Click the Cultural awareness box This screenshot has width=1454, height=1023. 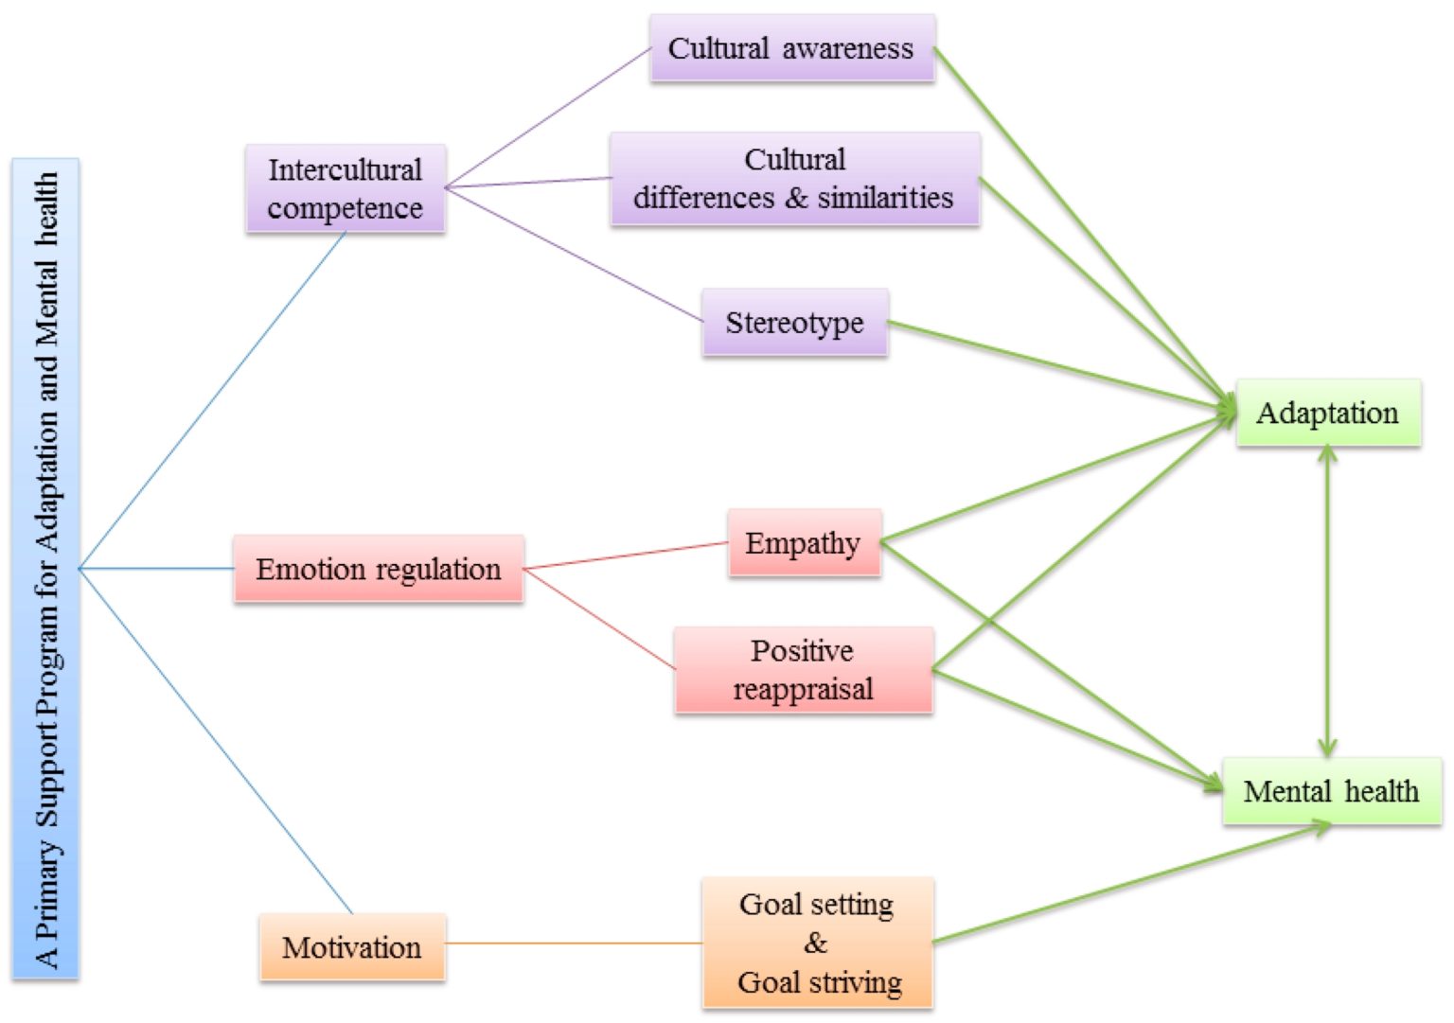tap(791, 48)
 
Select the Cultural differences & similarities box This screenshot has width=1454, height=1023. tap(794, 179)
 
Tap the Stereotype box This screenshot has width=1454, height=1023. tap(794, 323)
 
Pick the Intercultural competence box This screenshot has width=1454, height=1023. tap(345, 188)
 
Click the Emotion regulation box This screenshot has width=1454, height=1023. tap(378, 569)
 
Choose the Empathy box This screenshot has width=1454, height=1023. tap(804, 543)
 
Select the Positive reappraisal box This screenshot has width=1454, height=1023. tap(803, 670)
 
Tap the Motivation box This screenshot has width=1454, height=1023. tap(351, 947)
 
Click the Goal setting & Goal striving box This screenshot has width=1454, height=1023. tap(818, 943)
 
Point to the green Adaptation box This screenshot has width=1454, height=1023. tap(1327, 413)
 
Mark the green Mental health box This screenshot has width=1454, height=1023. tap(1331, 791)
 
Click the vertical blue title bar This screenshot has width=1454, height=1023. tap(45, 568)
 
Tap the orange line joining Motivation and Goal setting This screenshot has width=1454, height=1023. tap(573, 944)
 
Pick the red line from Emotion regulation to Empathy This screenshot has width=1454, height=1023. tap(625, 556)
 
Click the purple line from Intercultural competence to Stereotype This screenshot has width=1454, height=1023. tap(573, 255)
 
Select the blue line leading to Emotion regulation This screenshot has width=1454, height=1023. tap(156, 569)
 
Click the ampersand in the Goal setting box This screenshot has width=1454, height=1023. tap(815, 943)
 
